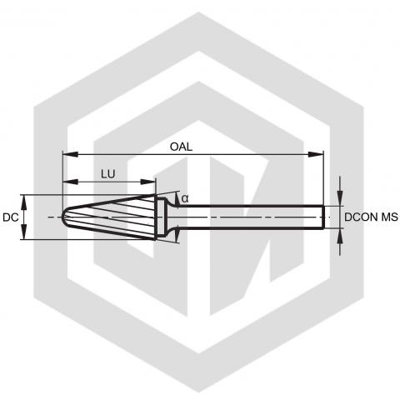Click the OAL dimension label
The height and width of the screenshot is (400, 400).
pos(181,147)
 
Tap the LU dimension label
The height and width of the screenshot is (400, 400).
pos(108,174)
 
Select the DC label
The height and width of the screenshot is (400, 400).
pos(11,217)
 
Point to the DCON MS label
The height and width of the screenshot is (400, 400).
pos(371,217)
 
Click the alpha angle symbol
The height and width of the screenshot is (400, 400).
pos(185,198)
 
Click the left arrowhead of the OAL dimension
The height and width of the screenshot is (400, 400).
pos(71,154)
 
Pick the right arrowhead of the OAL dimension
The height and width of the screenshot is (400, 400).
pos(316,154)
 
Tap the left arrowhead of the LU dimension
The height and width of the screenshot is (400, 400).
pos(71,182)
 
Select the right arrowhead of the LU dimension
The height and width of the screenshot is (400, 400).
pos(147,182)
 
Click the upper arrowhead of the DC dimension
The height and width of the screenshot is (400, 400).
pos(24,202)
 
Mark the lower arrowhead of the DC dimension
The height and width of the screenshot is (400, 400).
pos(24,232)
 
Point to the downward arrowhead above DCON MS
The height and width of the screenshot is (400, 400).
pos(340,198)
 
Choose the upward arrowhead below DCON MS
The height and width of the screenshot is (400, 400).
pos(340,236)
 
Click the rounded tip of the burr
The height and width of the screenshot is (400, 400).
pos(62,217)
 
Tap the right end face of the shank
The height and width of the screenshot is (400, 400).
pos(323,217)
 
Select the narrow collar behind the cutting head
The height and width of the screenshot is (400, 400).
pos(160,217)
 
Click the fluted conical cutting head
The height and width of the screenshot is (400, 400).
pos(111,217)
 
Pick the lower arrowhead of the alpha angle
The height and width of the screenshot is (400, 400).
pos(177,235)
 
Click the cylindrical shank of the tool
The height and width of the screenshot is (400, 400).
pos(250,217)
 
